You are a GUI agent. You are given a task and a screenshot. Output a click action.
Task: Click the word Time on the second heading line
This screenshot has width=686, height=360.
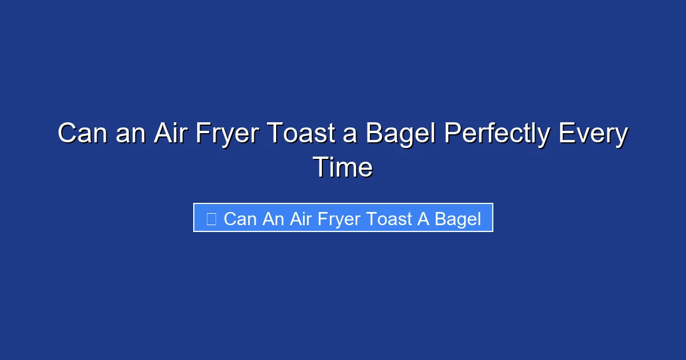pos(343,168)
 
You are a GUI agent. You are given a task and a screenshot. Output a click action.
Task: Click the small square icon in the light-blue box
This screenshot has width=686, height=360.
pos(211,219)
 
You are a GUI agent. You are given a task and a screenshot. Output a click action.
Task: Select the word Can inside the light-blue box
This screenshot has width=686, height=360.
pos(240,219)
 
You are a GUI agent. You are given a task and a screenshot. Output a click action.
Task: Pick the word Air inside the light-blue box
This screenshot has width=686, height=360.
pos(300,219)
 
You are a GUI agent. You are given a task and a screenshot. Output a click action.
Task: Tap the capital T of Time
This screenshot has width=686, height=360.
pos(320,168)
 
